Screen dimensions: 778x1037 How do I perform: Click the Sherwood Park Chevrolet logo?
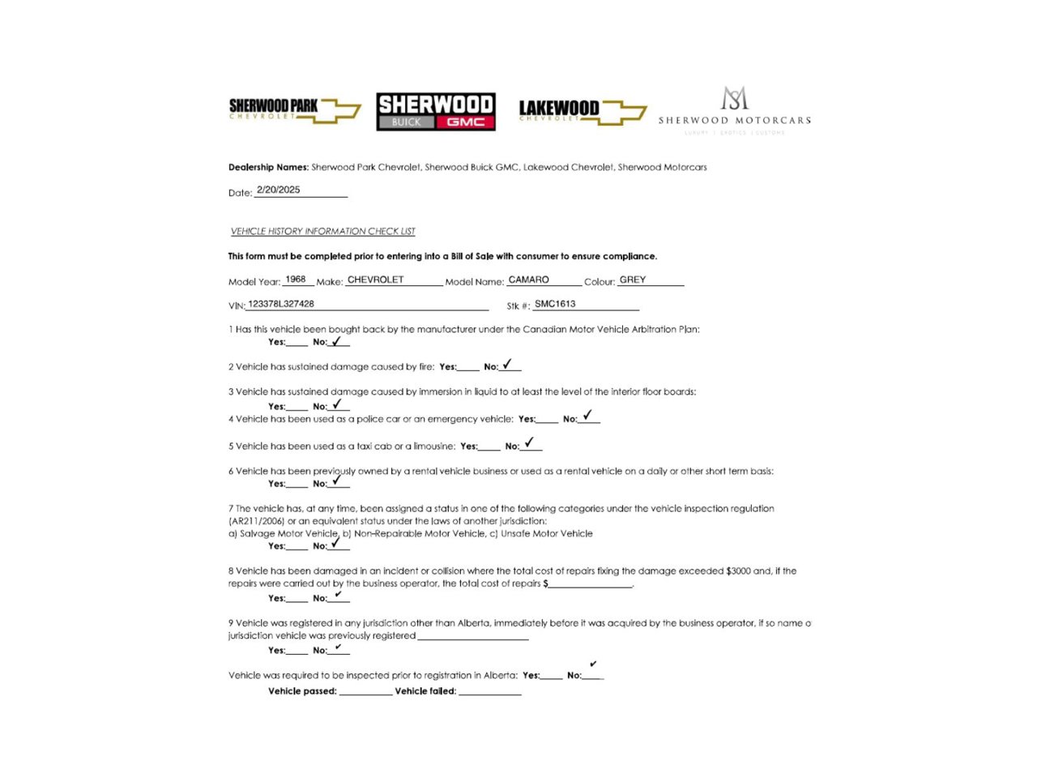[294, 109]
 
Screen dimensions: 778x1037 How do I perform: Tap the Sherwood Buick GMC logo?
[436, 111]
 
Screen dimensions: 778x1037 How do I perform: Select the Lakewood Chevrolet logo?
[582, 111]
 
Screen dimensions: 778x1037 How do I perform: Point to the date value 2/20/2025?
[278, 190]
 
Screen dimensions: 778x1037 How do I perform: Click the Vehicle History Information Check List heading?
[322, 232]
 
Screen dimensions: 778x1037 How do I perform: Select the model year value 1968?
[296, 280]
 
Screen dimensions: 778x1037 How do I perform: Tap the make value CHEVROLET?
[375, 280]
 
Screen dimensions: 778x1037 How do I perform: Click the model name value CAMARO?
[528, 280]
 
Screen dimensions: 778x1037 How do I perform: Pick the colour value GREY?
[633, 280]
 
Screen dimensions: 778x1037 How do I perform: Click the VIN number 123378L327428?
[281, 304]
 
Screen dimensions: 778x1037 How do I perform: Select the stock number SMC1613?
[555, 304]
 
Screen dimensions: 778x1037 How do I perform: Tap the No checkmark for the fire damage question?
[507, 365]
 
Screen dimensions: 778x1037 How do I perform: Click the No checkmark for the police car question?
[587, 415]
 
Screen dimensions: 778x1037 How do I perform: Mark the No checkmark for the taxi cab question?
[529, 442]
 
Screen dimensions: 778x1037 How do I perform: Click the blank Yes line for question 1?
[297, 344]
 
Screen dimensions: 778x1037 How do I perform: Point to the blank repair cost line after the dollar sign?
[591, 585]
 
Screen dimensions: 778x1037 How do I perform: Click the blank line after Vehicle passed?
[365, 693]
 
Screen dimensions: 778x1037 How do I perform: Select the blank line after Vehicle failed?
[490, 693]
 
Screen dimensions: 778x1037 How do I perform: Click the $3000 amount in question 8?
[738, 571]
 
